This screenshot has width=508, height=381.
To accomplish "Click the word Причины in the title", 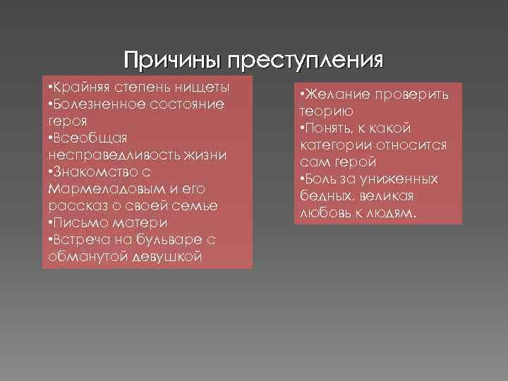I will pos(172,60).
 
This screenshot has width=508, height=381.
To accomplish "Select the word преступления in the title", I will pos(306,60).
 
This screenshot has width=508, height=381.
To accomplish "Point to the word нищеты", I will pos(205,87).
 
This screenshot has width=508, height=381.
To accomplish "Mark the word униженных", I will pos(397,179).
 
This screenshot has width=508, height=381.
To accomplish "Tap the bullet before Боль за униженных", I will pos(302,179).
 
